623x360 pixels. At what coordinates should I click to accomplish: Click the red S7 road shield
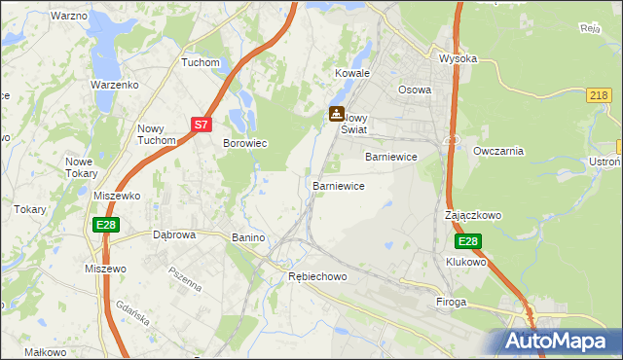point(201,125)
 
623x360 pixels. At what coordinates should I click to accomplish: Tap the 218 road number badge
point(600,94)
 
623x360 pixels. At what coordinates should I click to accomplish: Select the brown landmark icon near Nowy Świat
point(337,113)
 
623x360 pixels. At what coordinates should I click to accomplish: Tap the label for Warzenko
point(116,85)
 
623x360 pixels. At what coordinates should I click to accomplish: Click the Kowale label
point(353,73)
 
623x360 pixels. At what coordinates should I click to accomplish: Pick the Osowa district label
point(415,90)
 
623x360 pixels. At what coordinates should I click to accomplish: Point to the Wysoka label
point(458,58)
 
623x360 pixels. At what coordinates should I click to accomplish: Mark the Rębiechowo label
point(318,276)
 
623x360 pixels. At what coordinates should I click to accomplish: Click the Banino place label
point(249,237)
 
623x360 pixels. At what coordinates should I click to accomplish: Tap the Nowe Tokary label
point(81,167)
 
